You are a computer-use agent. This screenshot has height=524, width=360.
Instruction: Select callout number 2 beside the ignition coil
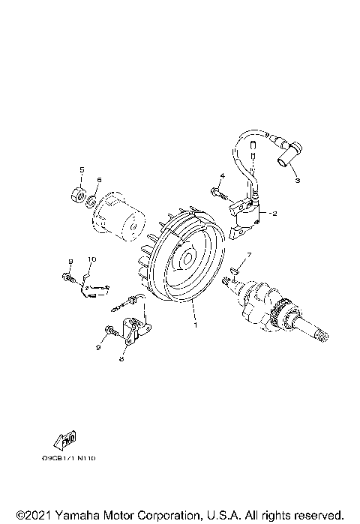coord(274,214)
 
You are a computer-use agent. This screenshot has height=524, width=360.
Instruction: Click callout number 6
coord(97,179)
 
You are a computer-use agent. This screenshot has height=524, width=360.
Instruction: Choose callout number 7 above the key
coord(250,256)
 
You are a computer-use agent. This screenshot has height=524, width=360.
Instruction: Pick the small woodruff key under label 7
coord(234,272)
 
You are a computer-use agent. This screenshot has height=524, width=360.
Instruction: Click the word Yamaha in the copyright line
coord(70,515)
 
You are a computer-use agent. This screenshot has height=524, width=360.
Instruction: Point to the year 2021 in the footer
coord(31,515)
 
